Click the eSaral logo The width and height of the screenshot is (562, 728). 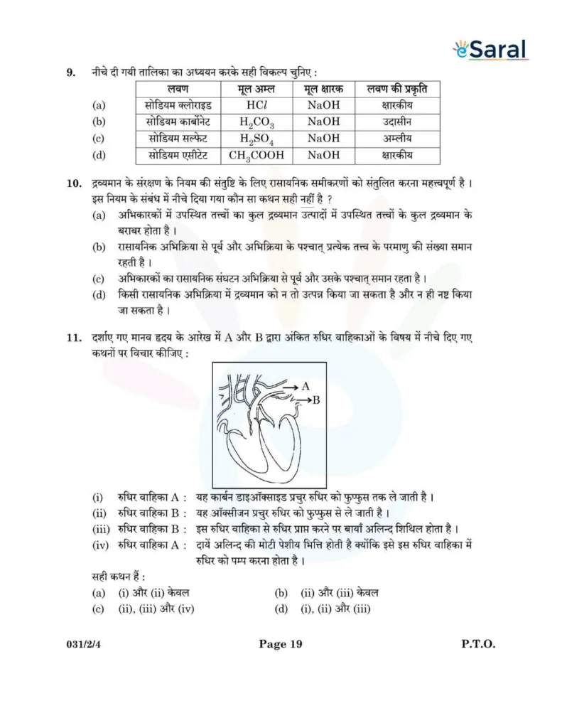coord(490,50)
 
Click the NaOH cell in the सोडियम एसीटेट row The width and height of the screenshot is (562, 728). coord(323,155)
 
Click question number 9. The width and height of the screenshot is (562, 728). coord(70,73)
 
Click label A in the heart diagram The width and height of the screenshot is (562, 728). coord(306,386)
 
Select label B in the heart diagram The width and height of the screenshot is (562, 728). coord(316,400)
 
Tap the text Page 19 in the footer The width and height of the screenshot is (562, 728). coord(281,645)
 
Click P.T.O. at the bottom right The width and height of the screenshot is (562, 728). coord(477,645)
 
